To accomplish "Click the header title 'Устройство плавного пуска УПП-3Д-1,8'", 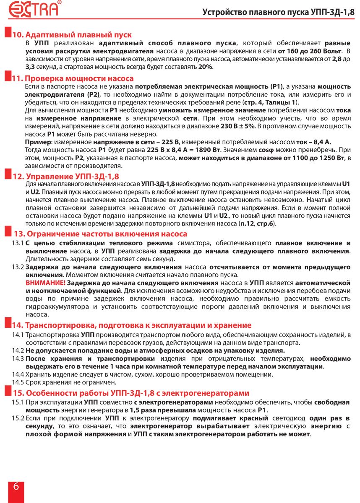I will coord(278,12).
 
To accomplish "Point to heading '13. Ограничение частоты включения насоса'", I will coord(101,234).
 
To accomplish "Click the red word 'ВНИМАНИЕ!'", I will coord(45,283).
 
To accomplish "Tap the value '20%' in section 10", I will coord(205,67).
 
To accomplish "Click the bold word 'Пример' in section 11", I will coord(36,142).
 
